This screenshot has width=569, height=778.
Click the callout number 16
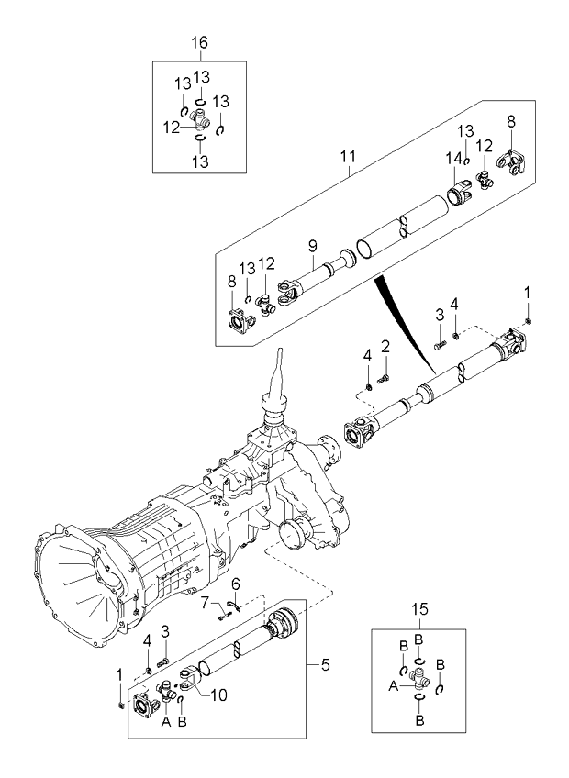click(x=199, y=43)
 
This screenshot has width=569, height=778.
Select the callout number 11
click(x=348, y=157)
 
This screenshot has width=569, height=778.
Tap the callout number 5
click(x=319, y=662)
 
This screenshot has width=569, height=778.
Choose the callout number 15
click(x=420, y=608)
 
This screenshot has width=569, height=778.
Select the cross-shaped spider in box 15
click(x=420, y=680)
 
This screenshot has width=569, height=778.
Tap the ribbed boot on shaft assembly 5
click(x=284, y=628)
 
